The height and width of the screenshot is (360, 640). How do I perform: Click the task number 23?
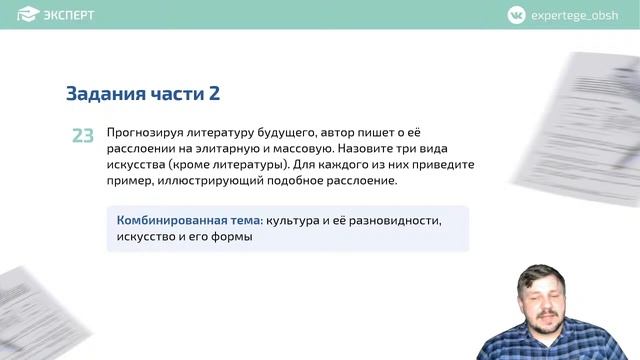83,135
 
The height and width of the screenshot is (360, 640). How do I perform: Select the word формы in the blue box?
233,237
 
